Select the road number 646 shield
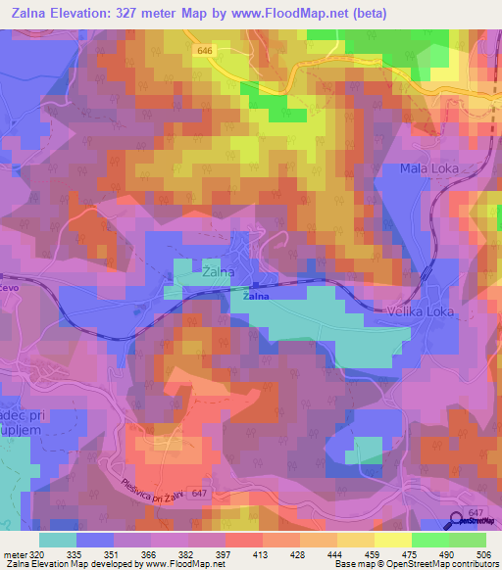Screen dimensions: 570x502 click(x=203, y=50)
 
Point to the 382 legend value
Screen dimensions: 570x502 click(x=192, y=552)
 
